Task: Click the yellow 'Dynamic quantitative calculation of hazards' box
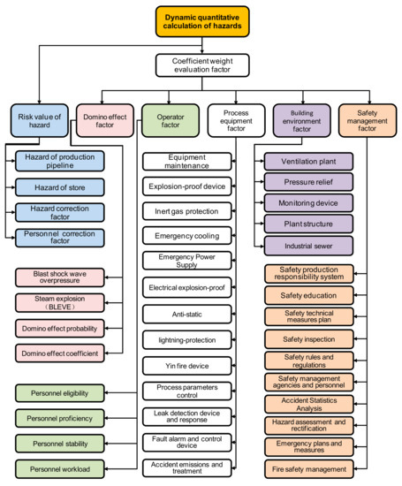(x=202, y=22)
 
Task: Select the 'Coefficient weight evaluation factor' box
(x=202, y=65)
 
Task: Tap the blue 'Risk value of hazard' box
(x=40, y=120)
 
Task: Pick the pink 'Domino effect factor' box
(x=105, y=120)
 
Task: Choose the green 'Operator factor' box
(x=171, y=120)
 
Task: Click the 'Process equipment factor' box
(x=236, y=120)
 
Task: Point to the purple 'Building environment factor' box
(x=302, y=120)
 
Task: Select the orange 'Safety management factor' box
(x=368, y=120)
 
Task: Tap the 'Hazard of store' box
(x=60, y=187)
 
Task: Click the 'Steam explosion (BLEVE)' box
(x=60, y=303)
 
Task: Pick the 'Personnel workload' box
(x=60, y=469)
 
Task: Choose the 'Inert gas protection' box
(x=187, y=211)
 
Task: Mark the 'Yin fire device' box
(x=187, y=366)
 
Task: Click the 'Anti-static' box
(x=187, y=315)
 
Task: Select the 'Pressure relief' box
(x=308, y=182)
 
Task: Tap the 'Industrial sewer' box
(x=308, y=247)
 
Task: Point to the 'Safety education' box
(x=309, y=295)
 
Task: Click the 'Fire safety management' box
(x=309, y=469)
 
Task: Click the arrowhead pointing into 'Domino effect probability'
(x=107, y=328)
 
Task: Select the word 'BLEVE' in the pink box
(x=60, y=307)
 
